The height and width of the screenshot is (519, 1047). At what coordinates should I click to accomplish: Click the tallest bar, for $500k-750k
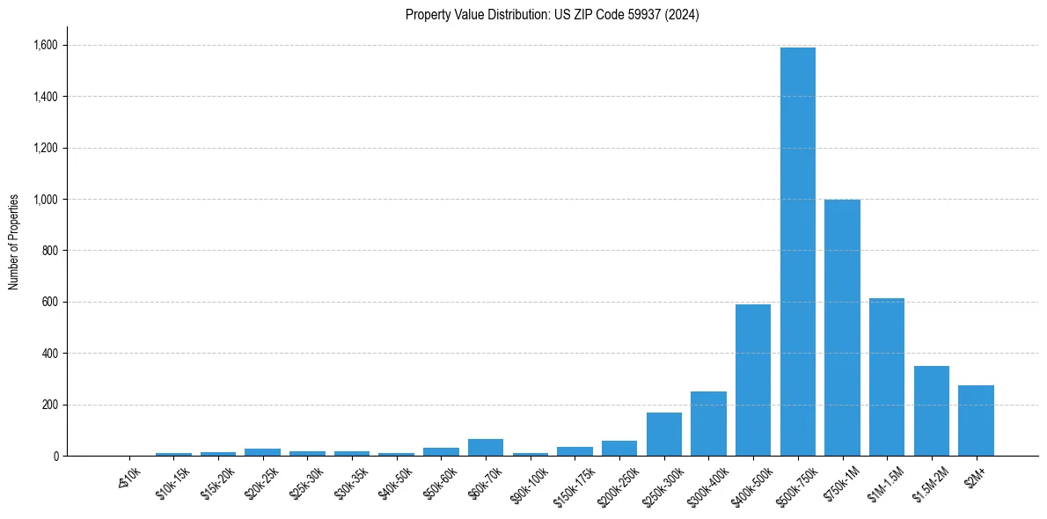pos(797,252)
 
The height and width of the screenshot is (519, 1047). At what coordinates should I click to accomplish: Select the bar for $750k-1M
pos(842,328)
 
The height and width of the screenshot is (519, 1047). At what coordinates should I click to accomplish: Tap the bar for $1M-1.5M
pos(887,377)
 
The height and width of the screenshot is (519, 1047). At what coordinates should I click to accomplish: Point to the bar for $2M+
pos(976,420)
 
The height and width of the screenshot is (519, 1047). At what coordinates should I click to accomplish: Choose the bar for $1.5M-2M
pos(931,411)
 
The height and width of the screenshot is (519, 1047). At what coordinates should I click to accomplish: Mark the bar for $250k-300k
pos(663,435)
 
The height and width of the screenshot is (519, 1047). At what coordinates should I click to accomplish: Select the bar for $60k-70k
pos(486,448)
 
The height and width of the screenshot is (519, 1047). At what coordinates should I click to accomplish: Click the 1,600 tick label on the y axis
pos(48,45)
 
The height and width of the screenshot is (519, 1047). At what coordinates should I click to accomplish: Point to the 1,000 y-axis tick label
pos(48,200)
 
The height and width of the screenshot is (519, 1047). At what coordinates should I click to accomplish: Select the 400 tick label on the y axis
pos(51,354)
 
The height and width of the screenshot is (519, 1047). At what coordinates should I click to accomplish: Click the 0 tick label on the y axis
pos(55,457)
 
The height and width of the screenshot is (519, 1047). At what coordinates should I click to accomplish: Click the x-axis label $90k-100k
pos(529,483)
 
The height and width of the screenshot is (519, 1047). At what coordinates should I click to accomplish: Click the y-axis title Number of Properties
pos(14,242)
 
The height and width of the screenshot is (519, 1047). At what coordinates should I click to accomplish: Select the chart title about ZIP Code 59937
pos(552,15)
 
